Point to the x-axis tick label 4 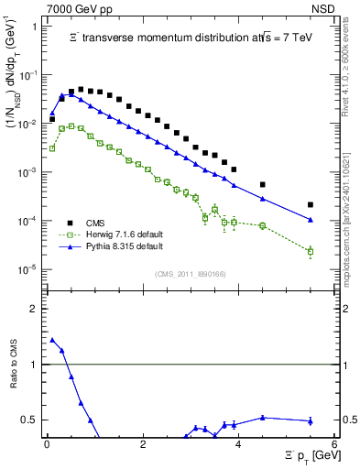pos(238,444)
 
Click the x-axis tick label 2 pos(142,444)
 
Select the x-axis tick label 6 pos(334,444)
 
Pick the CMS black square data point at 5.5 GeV pos(311,204)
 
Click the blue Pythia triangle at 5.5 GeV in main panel pos(311,220)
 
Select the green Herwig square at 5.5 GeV pos(311,251)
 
